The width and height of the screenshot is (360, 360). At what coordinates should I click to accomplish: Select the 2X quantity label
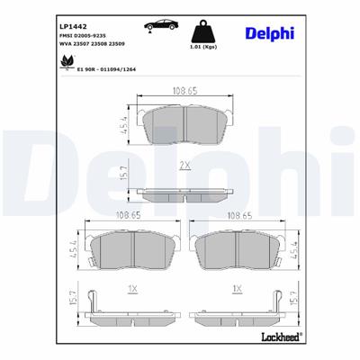pos(184,166)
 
